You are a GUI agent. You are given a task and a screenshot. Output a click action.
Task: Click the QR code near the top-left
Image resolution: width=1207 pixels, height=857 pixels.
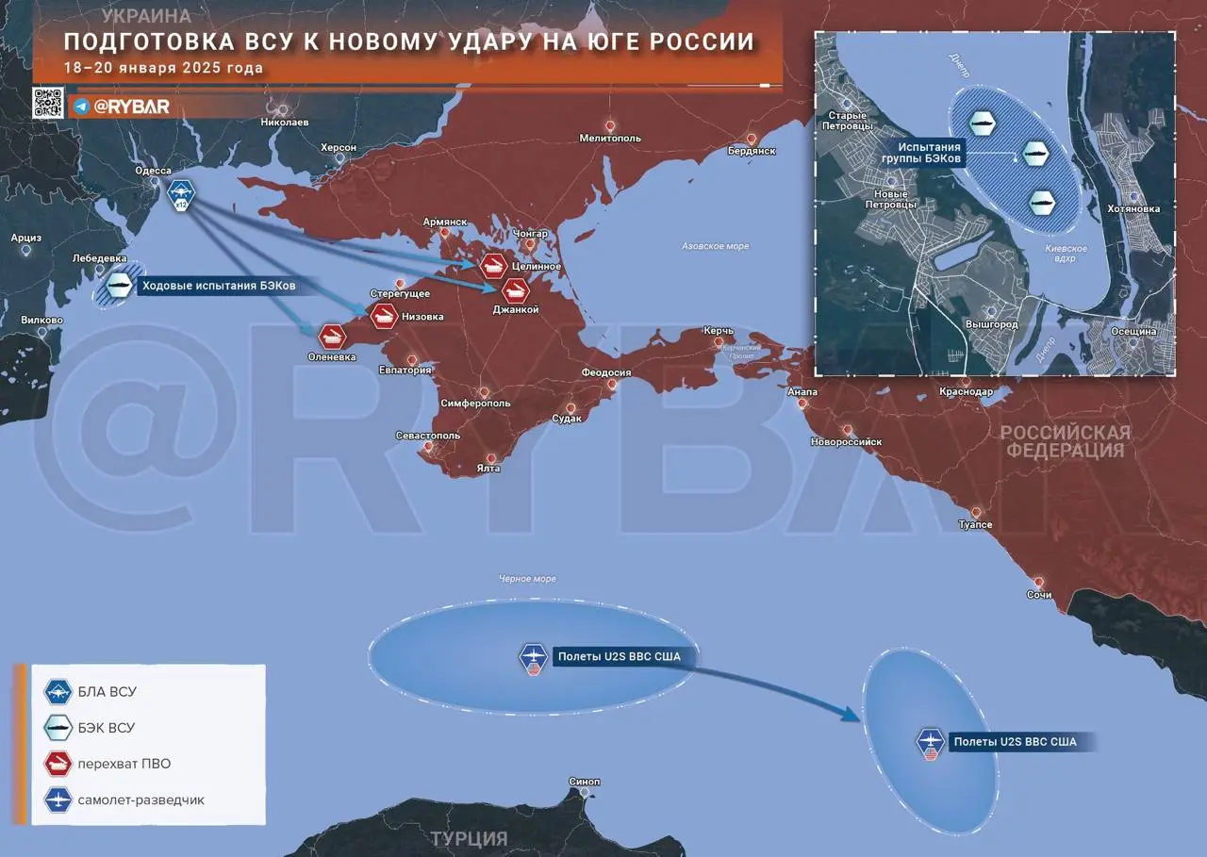coord(48,102)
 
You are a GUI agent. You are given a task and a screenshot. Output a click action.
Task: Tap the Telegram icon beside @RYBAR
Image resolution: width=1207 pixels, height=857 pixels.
coord(81,107)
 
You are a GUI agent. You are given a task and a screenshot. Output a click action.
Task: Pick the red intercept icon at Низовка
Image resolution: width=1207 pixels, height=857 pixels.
coord(383,316)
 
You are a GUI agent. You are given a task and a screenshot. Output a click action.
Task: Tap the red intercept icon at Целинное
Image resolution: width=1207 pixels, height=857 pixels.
coord(493,266)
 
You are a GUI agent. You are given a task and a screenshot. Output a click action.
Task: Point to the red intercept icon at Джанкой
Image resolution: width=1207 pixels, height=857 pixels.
coord(515,290)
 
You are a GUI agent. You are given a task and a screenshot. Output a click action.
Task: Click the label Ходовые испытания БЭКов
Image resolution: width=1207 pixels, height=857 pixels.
coord(218,285)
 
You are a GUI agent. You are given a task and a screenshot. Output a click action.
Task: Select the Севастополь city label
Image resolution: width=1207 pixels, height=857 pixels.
coord(428,436)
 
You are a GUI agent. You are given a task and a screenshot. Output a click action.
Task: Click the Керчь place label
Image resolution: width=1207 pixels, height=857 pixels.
coord(718,331)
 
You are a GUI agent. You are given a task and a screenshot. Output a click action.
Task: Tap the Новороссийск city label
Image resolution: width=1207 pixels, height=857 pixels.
coord(847,441)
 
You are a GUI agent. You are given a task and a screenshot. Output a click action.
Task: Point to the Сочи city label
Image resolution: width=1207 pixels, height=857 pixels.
coord(1039,595)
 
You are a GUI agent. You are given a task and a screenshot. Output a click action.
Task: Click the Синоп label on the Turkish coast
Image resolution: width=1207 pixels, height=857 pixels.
coord(585,783)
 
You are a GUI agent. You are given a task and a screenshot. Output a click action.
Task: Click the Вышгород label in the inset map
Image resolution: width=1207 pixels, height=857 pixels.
coord(991,324)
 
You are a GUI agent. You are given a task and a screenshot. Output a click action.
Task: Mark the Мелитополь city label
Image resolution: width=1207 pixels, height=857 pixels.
coord(610,138)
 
